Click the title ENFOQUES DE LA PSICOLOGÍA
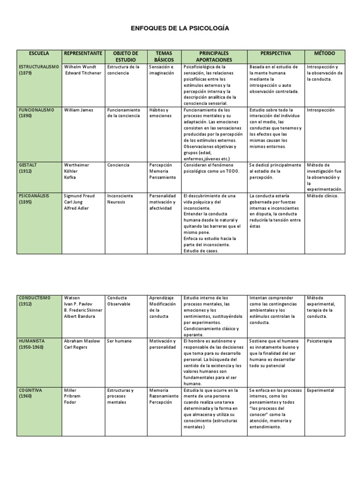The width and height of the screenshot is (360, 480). pyautogui.click(x=180, y=29)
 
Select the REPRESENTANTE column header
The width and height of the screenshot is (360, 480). pyautogui.click(x=82, y=53)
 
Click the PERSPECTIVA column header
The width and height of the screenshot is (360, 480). pyautogui.click(x=276, y=53)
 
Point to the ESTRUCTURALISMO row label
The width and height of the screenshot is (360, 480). pyautogui.click(x=38, y=67)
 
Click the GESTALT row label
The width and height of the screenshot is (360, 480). pyautogui.click(x=27, y=165)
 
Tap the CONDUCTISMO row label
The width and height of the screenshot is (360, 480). pyautogui.click(x=34, y=298)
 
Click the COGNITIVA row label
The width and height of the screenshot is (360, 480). pyautogui.click(x=31, y=390)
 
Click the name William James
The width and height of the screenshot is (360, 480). pyautogui.click(x=79, y=110)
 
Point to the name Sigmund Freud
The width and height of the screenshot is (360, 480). pyautogui.click(x=80, y=196)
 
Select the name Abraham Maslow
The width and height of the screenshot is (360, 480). pyautogui.click(x=82, y=341)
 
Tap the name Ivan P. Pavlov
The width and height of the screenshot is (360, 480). pyautogui.click(x=78, y=304)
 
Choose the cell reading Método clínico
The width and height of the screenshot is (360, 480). pyautogui.click(x=322, y=196)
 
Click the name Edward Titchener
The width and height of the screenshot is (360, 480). pyautogui.click(x=83, y=74)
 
